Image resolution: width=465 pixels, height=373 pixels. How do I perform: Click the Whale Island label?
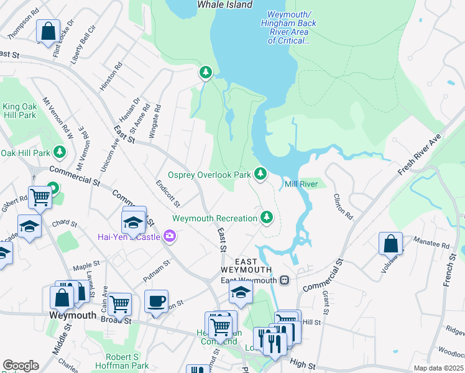224,4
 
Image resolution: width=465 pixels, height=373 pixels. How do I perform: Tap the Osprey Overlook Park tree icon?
262,174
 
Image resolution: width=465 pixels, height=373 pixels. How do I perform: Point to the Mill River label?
301,184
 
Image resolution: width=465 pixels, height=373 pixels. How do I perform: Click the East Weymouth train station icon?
285,280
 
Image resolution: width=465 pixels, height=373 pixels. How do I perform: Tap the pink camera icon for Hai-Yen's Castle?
168,236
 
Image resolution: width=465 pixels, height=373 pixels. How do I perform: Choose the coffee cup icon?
156,302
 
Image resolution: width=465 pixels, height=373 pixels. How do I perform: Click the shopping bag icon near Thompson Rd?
47,30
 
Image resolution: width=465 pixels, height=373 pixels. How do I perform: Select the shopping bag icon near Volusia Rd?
390,243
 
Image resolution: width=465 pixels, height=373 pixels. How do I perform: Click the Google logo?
21,366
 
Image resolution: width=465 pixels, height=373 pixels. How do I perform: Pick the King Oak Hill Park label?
19,111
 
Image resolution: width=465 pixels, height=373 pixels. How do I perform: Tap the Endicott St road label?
168,193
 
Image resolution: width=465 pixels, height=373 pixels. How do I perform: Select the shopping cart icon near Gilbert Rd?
39,198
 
